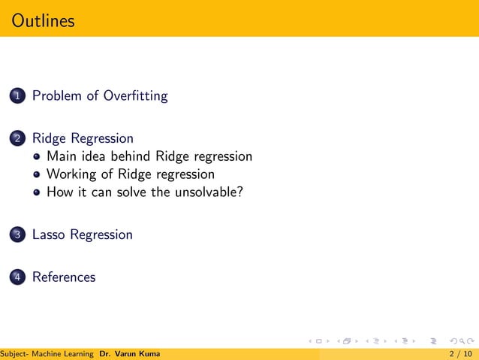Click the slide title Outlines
point(44,20)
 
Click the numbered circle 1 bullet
point(17,96)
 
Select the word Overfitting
point(135,96)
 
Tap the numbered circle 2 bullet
point(17,139)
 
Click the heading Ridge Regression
point(83,139)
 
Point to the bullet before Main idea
point(38,157)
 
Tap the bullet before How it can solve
point(38,192)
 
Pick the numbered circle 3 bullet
point(17,235)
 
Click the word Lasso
point(49,234)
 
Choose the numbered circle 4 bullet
point(17,277)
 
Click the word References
point(64,277)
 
